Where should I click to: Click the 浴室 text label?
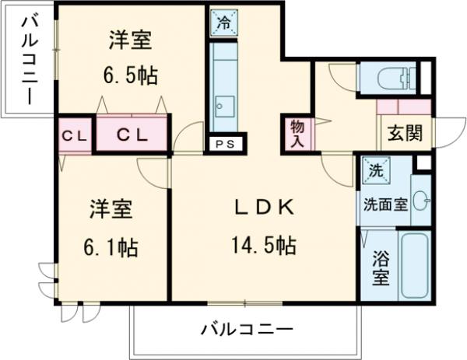pos(380,268)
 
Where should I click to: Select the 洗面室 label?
pos(384,205)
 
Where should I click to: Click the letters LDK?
pos(263,208)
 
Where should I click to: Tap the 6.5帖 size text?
pos(130,75)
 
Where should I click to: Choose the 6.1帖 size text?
pos(112,248)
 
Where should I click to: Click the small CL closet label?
pos(75,135)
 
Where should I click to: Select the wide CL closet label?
pos(132,134)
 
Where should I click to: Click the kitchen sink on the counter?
pos(223,105)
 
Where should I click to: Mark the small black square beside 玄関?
pos(423,163)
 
